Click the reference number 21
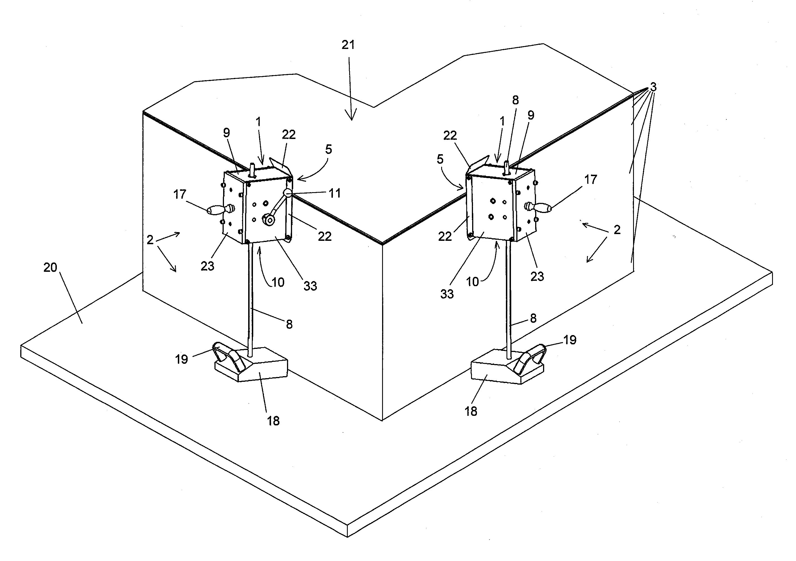pyautogui.click(x=348, y=45)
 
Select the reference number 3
pyautogui.click(x=653, y=87)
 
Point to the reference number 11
pyautogui.click(x=334, y=193)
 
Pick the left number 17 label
pyautogui.click(x=180, y=194)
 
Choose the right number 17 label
pyautogui.click(x=591, y=179)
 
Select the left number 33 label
pyautogui.click(x=310, y=286)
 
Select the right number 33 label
pyautogui.click(x=447, y=294)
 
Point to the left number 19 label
pyautogui.click(x=181, y=360)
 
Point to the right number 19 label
pyautogui.click(x=569, y=340)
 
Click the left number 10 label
pyautogui.click(x=278, y=282)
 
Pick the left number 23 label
pyautogui.click(x=207, y=266)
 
